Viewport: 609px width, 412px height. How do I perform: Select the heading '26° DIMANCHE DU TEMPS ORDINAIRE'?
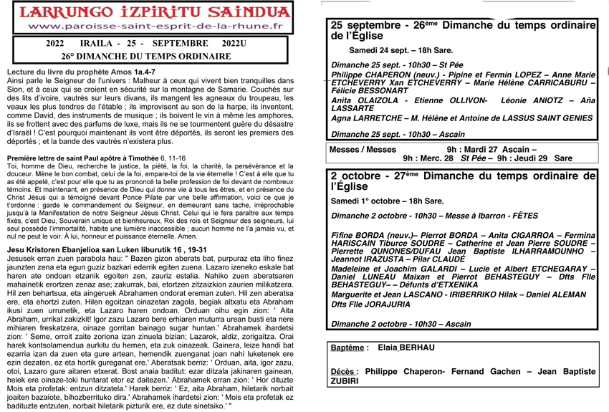[x=148, y=56]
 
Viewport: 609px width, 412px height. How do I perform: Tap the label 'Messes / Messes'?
[x=363, y=150]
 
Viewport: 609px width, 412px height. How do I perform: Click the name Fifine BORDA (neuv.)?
[x=365, y=235]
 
